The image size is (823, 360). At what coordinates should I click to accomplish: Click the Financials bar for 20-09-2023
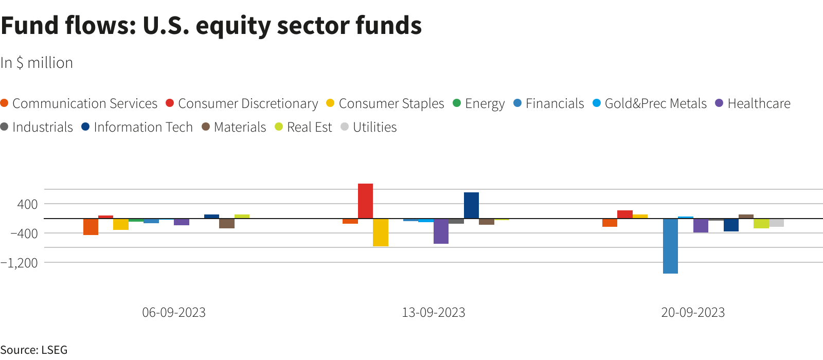click(x=670, y=246)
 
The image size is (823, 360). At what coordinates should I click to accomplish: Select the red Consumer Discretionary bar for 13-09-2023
click(x=365, y=201)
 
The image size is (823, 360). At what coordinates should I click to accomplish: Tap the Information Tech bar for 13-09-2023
click(x=471, y=206)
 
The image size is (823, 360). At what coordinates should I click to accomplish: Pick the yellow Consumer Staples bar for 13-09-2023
click(x=381, y=232)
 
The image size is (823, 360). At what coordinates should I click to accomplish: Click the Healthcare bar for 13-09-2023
click(x=441, y=231)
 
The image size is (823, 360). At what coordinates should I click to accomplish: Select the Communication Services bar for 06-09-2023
click(x=91, y=227)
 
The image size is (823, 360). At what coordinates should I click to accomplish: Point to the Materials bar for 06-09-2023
click(x=227, y=223)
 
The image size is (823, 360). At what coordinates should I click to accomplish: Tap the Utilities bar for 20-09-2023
click(x=776, y=223)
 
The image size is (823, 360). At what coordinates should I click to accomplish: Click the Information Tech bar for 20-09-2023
click(x=731, y=225)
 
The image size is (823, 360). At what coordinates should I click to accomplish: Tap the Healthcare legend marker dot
click(x=719, y=103)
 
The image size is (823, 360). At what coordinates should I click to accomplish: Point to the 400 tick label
click(x=27, y=204)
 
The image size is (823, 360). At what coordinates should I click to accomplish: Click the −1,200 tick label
click(x=20, y=263)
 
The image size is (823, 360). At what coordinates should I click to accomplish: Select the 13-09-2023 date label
click(x=433, y=312)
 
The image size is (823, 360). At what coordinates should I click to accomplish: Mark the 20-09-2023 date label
click(x=693, y=312)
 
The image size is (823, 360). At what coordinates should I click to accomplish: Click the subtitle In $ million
click(x=37, y=63)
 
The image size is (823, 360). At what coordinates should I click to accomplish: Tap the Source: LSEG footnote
click(x=34, y=350)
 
